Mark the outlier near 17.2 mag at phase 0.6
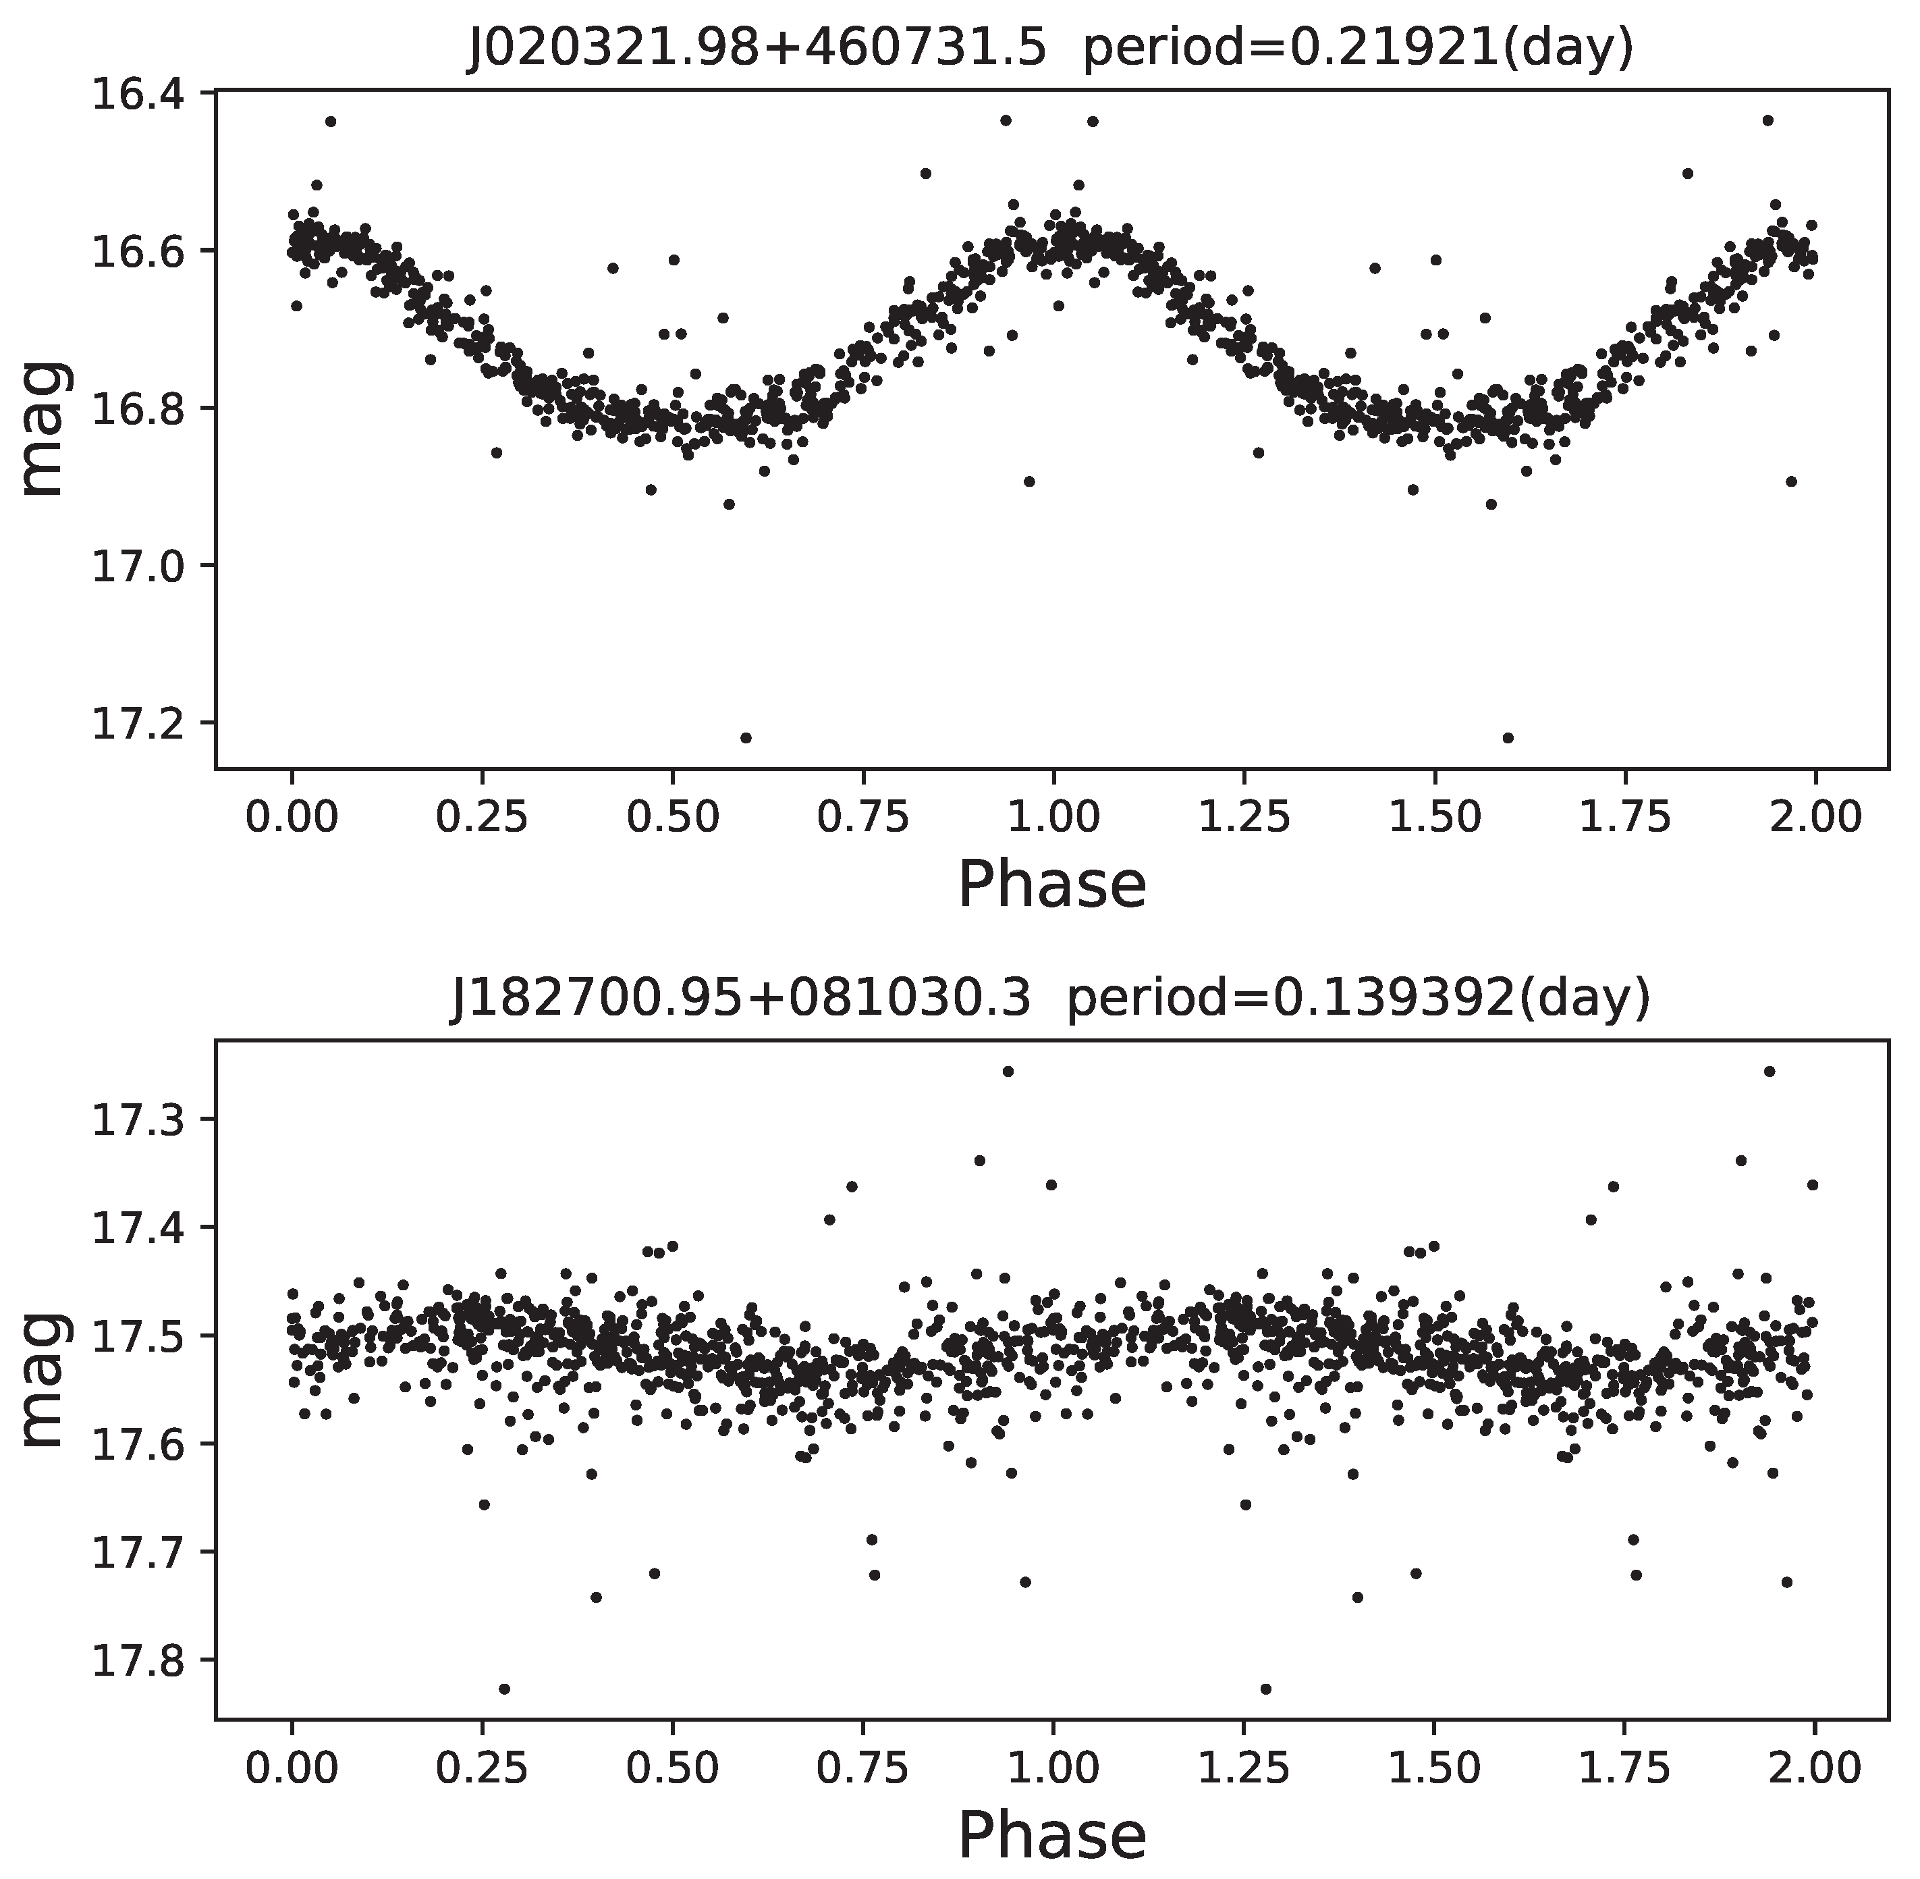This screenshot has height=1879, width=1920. (746, 737)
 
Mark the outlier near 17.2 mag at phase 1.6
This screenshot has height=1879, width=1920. (1508, 737)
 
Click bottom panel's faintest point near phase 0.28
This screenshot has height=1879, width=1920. (504, 1689)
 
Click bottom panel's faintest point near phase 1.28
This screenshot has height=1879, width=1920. (1266, 1689)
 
